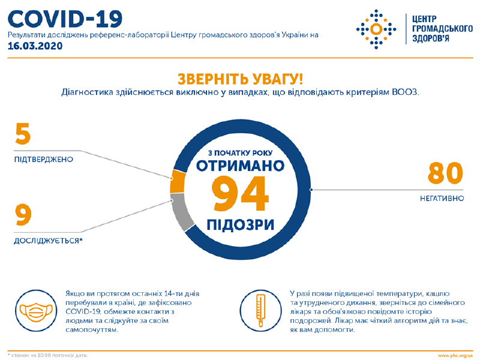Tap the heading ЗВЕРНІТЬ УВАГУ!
[x=239, y=79]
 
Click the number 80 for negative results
[x=445, y=174]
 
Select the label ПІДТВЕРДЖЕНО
[x=43, y=160]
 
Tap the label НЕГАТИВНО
[x=441, y=197]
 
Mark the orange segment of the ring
[x=176, y=182]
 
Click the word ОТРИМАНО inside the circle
[x=240, y=166]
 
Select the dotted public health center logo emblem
[x=376, y=28]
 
